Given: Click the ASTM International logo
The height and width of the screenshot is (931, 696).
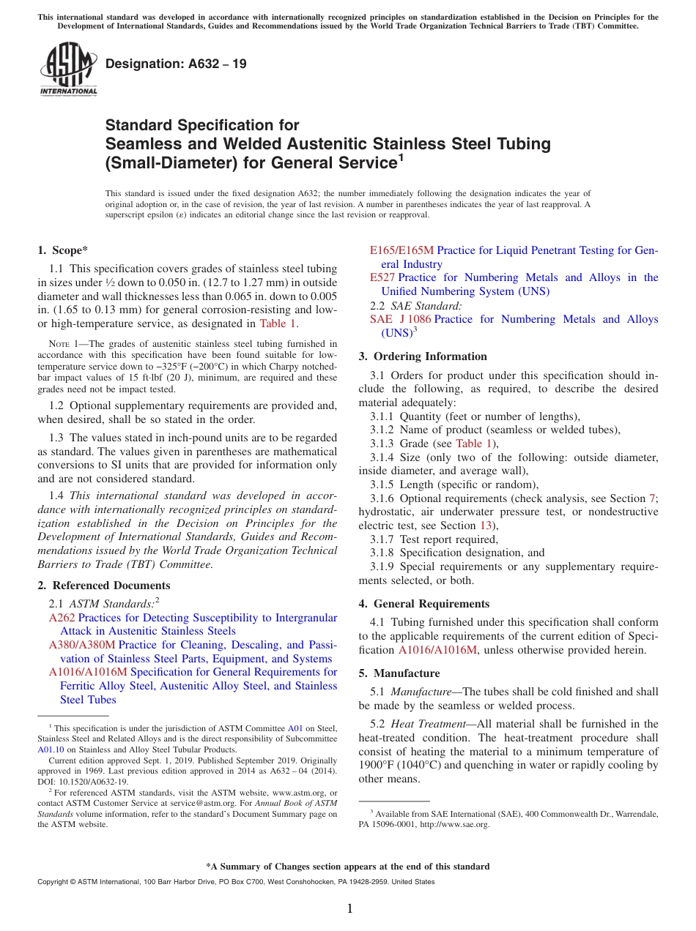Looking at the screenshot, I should [68, 70].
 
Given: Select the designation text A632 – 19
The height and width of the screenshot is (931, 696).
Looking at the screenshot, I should [176, 64].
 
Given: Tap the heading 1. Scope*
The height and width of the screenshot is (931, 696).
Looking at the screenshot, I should [63, 250].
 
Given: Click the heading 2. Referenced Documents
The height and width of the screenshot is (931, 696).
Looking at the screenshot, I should [104, 586].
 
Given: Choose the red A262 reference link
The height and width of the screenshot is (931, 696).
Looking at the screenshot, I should [62, 618].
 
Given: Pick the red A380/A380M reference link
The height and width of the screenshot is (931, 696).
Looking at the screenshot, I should [81, 645].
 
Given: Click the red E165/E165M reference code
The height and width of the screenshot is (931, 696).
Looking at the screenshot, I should [401, 250].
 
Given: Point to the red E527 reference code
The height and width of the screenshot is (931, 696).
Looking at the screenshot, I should [382, 277].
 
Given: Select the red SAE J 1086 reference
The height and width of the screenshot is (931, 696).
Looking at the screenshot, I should [400, 319].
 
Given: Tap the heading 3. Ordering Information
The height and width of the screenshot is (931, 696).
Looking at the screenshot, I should [423, 356].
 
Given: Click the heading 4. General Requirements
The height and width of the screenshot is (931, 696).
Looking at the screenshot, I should [424, 604].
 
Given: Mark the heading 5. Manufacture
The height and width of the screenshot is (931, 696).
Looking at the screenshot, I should [399, 673].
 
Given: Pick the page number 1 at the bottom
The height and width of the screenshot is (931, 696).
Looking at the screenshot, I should [349, 909].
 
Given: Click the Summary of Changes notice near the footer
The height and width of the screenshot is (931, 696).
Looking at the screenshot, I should [348, 867].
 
